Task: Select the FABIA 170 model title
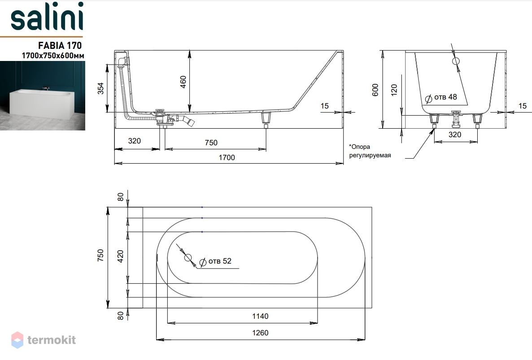pyautogui.click(x=60, y=45)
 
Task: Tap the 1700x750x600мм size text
pyautogui.click(x=53, y=55)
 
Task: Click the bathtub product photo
pyautogui.click(x=43, y=95)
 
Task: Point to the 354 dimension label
pyautogui.click(x=100, y=88)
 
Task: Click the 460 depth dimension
pyautogui.click(x=183, y=82)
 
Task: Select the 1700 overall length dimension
pyautogui.click(x=227, y=157)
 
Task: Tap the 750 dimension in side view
pyautogui.click(x=211, y=143)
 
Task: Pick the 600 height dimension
pyautogui.click(x=375, y=90)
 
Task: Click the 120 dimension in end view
pyautogui.click(x=394, y=90)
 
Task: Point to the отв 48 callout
pyautogui.click(x=441, y=98)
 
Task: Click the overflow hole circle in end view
pyautogui.click(x=456, y=61)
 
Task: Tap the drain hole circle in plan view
pyautogui.click(x=188, y=258)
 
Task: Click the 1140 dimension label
pyautogui.click(x=260, y=316)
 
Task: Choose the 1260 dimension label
pyautogui.click(x=260, y=333)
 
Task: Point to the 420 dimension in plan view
pyautogui.click(x=121, y=256)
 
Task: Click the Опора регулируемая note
pyautogui.click(x=370, y=151)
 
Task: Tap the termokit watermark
pyautogui.click(x=44, y=340)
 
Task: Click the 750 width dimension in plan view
pyautogui.click(x=100, y=255)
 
